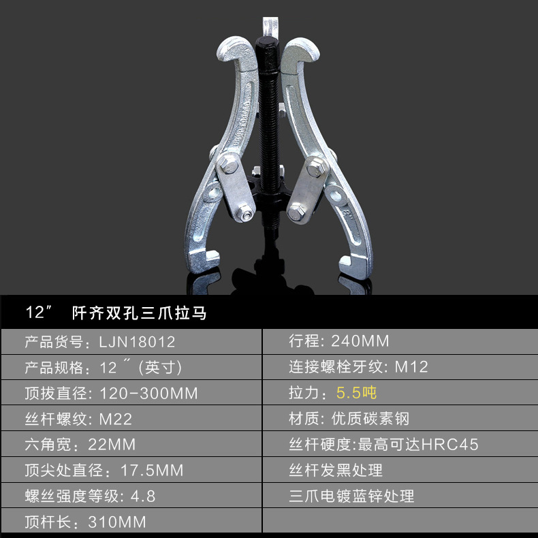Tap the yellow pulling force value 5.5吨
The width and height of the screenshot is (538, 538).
pyautogui.click(x=356, y=393)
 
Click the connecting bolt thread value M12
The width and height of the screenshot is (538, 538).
pyautogui.click(x=412, y=367)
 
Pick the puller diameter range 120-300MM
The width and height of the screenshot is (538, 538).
pyautogui.click(x=148, y=393)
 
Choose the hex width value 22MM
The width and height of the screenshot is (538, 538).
pyautogui.click(x=112, y=445)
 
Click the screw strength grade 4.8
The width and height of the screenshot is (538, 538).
pyautogui.click(x=142, y=496)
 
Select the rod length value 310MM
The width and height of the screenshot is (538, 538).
pyautogui.click(x=117, y=522)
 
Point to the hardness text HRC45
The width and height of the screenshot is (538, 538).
pyautogui.click(x=450, y=445)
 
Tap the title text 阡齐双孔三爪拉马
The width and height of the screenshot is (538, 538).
pyautogui.click(x=138, y=313)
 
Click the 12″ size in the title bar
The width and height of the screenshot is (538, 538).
pyautogui.click(x=39, y=313)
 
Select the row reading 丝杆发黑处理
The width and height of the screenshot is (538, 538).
pyautogui.click(x=336, y=471)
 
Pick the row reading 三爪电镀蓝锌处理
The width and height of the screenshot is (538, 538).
pyautogui.click(x=351, y=496)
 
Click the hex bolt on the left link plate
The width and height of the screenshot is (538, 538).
pyautogui.click(x=227, y=166)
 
